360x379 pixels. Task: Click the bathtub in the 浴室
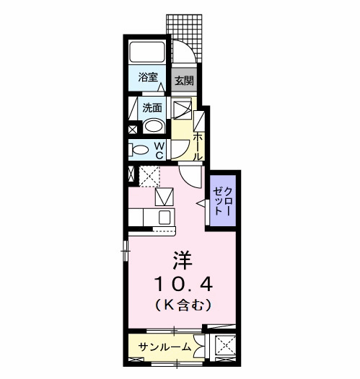click(148, 52)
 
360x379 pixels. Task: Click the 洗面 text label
click(152, 108)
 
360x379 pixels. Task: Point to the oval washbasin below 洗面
click(154, 127)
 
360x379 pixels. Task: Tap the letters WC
click(159, 150)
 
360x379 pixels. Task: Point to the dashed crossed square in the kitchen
click(150, 176)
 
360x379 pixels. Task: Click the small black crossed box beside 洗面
click(133, 130)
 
